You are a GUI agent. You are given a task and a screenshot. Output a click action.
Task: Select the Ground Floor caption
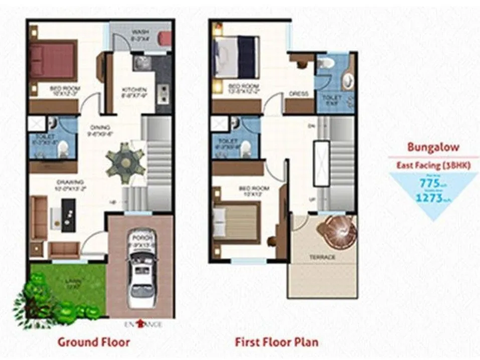point(94,342)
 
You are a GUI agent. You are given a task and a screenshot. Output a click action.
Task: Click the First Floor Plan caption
point(276,342)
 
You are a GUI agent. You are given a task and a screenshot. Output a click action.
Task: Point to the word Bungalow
point(433,147)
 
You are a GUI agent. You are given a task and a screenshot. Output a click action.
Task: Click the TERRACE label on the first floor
point(323,257)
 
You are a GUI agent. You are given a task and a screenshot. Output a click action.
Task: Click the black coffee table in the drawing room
point(68,215)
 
